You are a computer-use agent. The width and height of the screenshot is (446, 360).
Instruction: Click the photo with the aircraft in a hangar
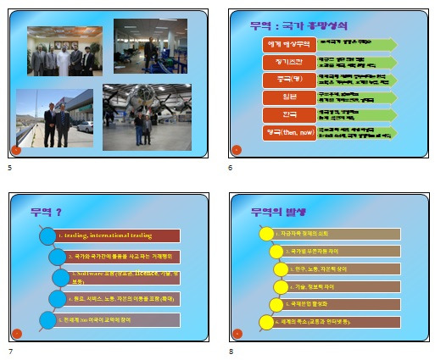click(x=147, y=116)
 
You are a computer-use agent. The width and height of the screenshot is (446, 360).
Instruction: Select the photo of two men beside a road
click(x=54, y=119)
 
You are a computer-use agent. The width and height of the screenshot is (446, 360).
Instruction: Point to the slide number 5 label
click(x=10, y=169)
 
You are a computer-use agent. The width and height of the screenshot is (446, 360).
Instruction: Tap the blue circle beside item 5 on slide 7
click(x=47, y=319)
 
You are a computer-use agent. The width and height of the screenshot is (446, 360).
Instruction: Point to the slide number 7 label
click(x=10, y=350)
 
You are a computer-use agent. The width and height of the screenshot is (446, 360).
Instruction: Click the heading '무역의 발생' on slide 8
click(x=278, y=212)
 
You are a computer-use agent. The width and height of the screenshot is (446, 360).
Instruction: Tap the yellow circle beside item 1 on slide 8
click(x=265, y=234)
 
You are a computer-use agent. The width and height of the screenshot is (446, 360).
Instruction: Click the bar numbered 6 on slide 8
click(x=332, y=322)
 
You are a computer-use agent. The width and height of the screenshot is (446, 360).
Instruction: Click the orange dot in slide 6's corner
click(x=237, y=150)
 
